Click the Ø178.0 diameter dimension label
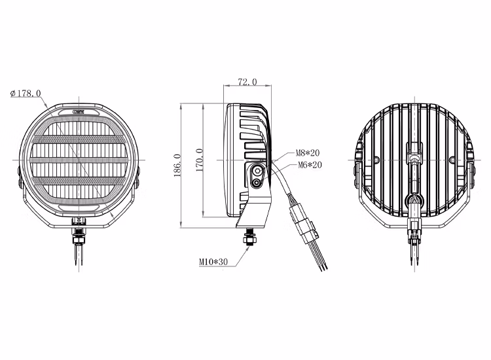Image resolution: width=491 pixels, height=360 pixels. (26, 94)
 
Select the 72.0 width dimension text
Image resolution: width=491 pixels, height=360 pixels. (247, 82)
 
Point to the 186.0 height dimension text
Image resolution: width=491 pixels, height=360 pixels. (177, 165)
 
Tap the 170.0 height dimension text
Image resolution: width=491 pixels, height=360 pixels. (199, 160)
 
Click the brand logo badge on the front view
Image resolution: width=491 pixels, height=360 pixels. (81, 112)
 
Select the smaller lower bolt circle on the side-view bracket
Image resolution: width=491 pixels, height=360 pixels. (257, 184)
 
